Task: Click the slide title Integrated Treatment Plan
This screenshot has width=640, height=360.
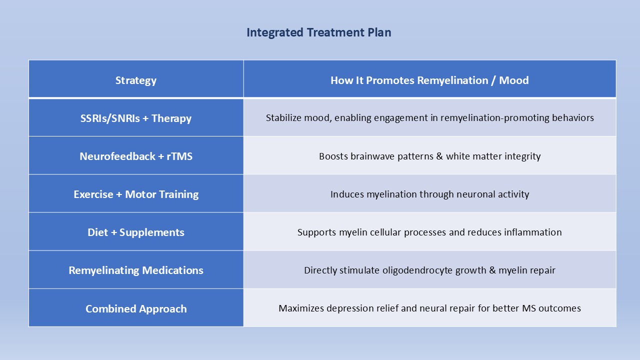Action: pyautogui.click(x=319, y=32)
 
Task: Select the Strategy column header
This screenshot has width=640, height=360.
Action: pyautogui.click(x=136, y=80)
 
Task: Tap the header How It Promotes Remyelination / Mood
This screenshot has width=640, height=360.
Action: pyautogui.click(x=429, y=80)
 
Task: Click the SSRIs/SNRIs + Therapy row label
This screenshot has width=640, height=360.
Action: pyautogui.click(x=136, y=118)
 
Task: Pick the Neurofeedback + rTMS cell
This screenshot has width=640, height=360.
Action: pyautogui.click(x=136, y=156)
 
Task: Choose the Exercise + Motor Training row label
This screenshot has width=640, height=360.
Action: pyautogui.click(x=136, y=194)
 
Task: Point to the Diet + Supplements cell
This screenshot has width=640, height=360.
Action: pyautogui.click(x=136, y=232)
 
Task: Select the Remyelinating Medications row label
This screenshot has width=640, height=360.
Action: pyautogui.click(x=136, y=270)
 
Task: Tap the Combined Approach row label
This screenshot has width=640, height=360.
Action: pyautogui.click(x=136, y=308)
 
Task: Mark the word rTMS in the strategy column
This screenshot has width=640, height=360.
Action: pyautogui.click(x=179, y=156)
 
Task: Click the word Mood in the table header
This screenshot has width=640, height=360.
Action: pyautogui.click(x=513, y=80)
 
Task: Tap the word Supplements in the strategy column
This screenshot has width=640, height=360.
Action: pyautogui.click(x=151, y=232)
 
